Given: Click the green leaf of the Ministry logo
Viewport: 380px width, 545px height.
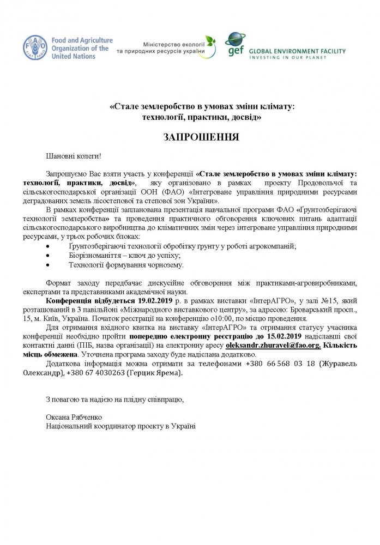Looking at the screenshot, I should [x=210, y=41].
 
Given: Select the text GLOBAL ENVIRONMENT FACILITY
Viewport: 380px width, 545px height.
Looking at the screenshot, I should [x=297, y=51].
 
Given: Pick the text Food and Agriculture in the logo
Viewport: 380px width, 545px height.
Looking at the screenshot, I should [x=81, y=40].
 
